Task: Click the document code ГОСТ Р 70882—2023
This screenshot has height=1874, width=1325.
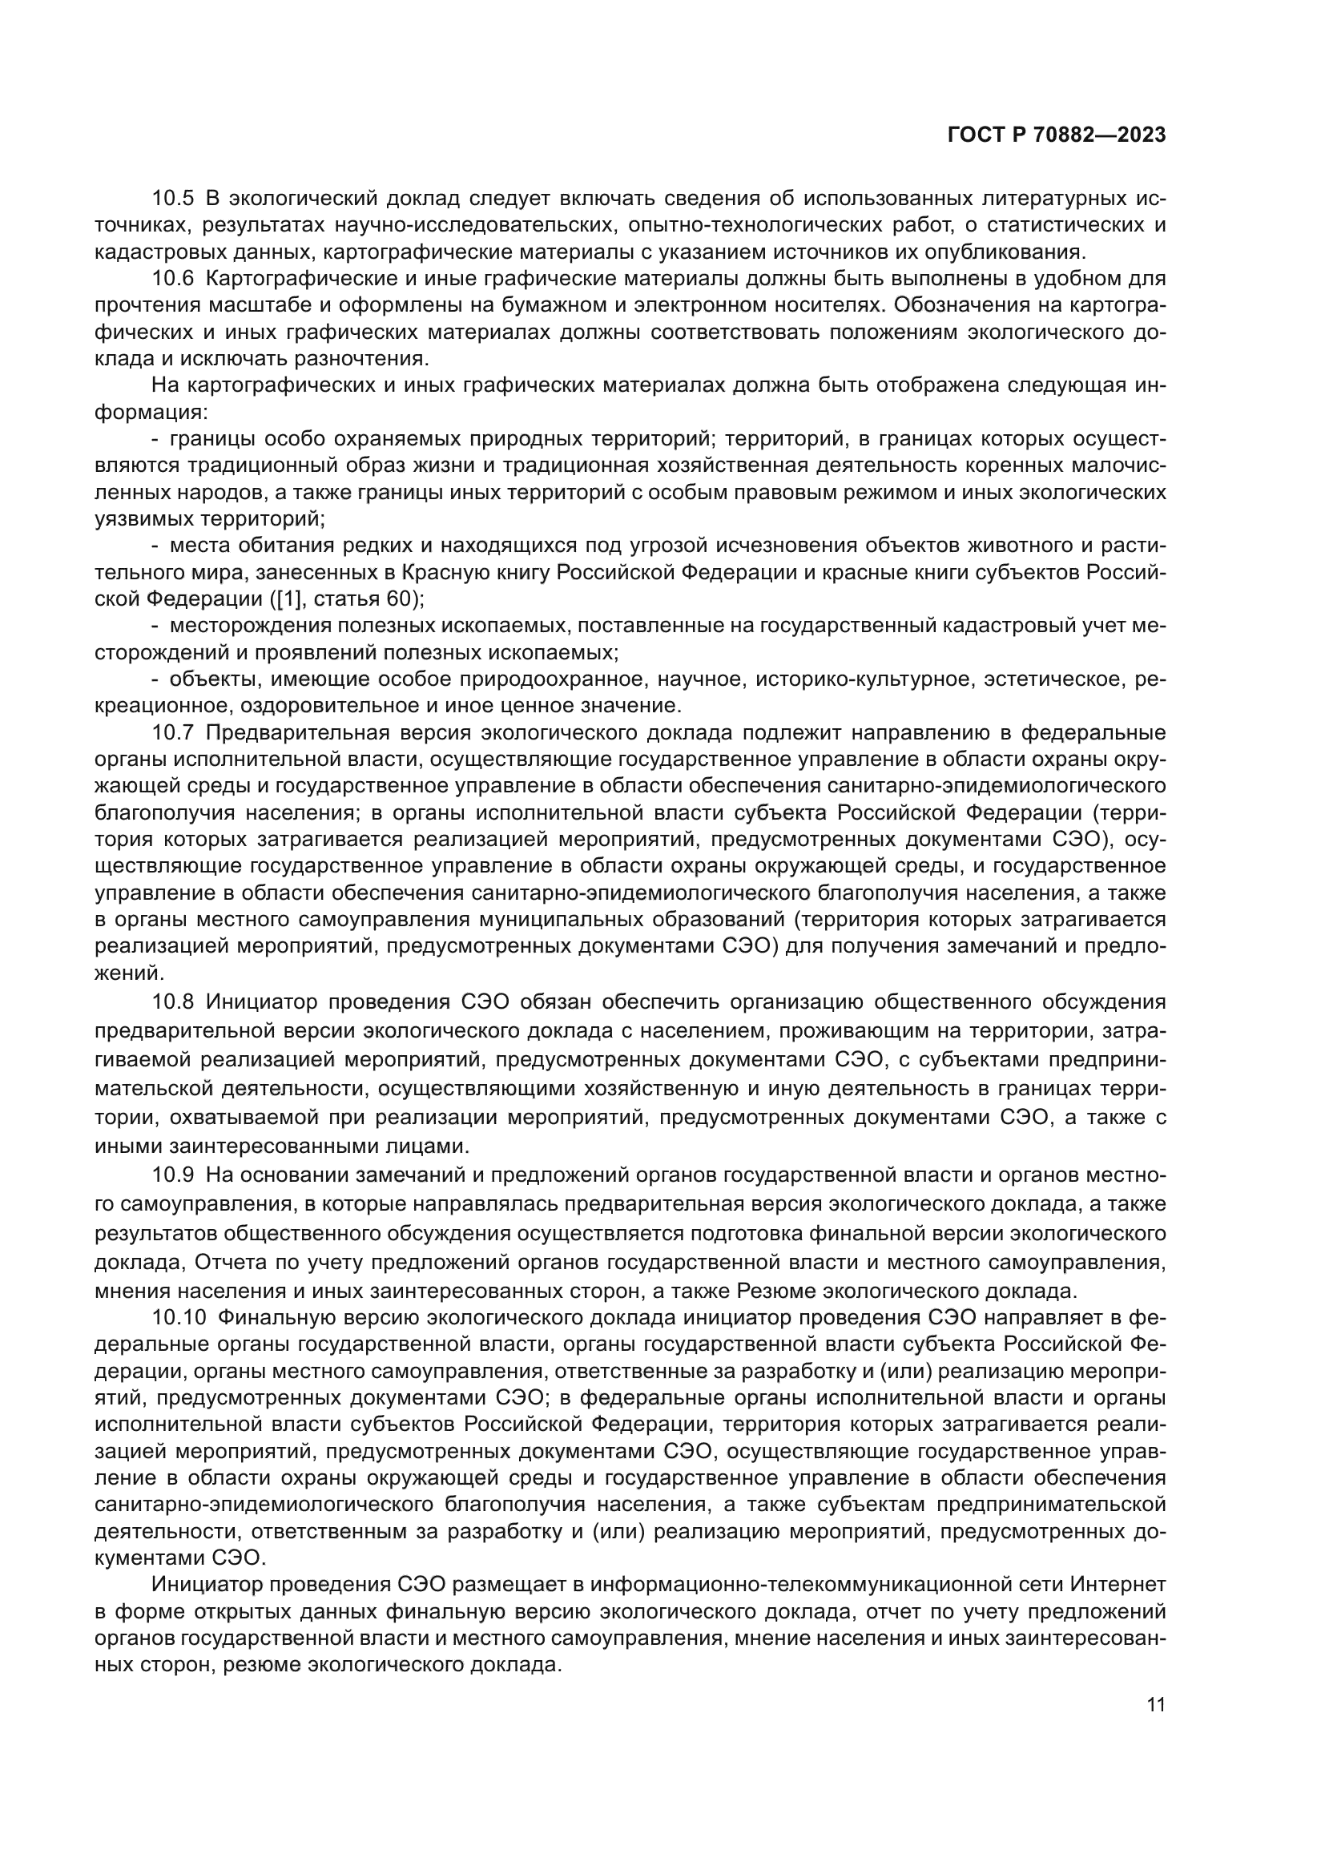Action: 1057,135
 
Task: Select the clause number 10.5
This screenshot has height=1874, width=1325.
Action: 173,199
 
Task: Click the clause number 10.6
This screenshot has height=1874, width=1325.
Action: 173,278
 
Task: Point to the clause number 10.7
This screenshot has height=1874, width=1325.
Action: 173,732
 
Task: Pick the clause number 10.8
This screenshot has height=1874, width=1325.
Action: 173,1001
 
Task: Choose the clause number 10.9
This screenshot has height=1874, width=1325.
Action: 173,1175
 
